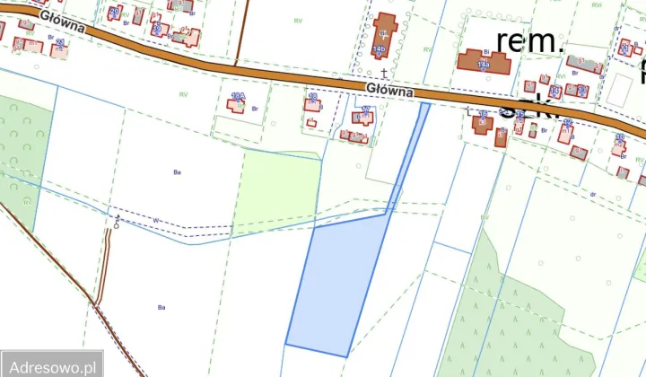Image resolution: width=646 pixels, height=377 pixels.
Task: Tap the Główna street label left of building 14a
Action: [x=388, y=90]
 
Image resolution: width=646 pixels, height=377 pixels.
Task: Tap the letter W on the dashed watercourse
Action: [x=155, y=220]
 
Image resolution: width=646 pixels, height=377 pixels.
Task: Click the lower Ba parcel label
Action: [x=162, y=307]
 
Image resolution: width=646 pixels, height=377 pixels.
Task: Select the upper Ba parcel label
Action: [x=176, y=169]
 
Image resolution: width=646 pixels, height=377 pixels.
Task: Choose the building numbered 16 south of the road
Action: [x=483, y=124]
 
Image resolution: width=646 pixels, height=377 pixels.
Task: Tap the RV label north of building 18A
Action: [x=183, y=93]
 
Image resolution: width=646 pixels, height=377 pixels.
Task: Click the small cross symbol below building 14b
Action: [x=384, y=71]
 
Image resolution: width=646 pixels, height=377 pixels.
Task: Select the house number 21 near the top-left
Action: [x=60, y=41]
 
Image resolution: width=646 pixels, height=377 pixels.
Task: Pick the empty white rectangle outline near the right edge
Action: [x=620, y=88]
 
